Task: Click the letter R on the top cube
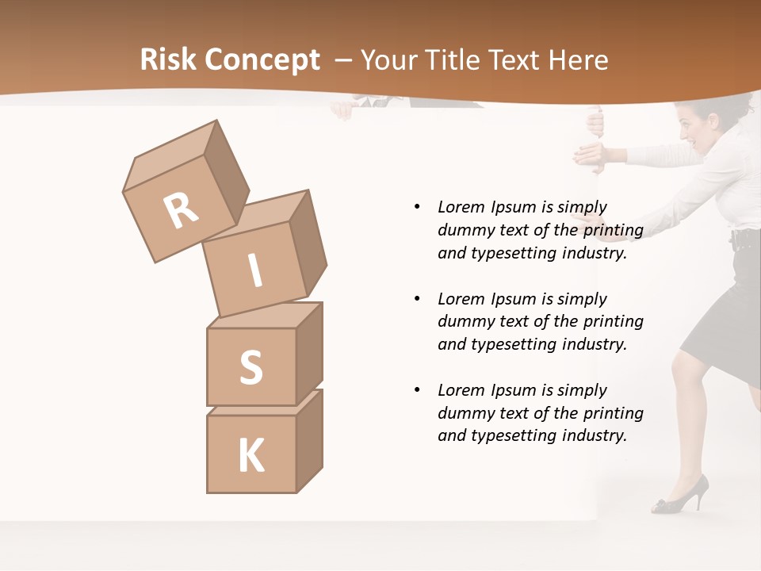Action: pyautogui.click(x=182, y=210)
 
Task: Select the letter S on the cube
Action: pyautogui.click(x=250, y=367)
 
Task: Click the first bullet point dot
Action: pyautogui.click(x=417, y=208)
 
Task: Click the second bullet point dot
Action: pyautogui.click(x=417, y=299)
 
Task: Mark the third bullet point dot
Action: pyautogui.click(x=417, y=390)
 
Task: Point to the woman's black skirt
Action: pyautogui.click(x=721, y=317)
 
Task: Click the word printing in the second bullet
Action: pyautogui.click(x=613, y=322)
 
